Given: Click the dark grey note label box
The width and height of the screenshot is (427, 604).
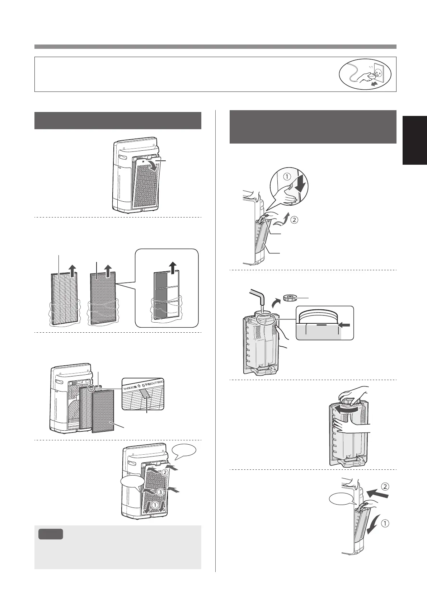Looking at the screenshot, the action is point(51,534).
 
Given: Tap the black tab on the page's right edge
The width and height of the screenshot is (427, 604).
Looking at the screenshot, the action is point(415,140).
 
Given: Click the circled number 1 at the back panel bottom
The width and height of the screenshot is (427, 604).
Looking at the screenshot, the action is point(155,505).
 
